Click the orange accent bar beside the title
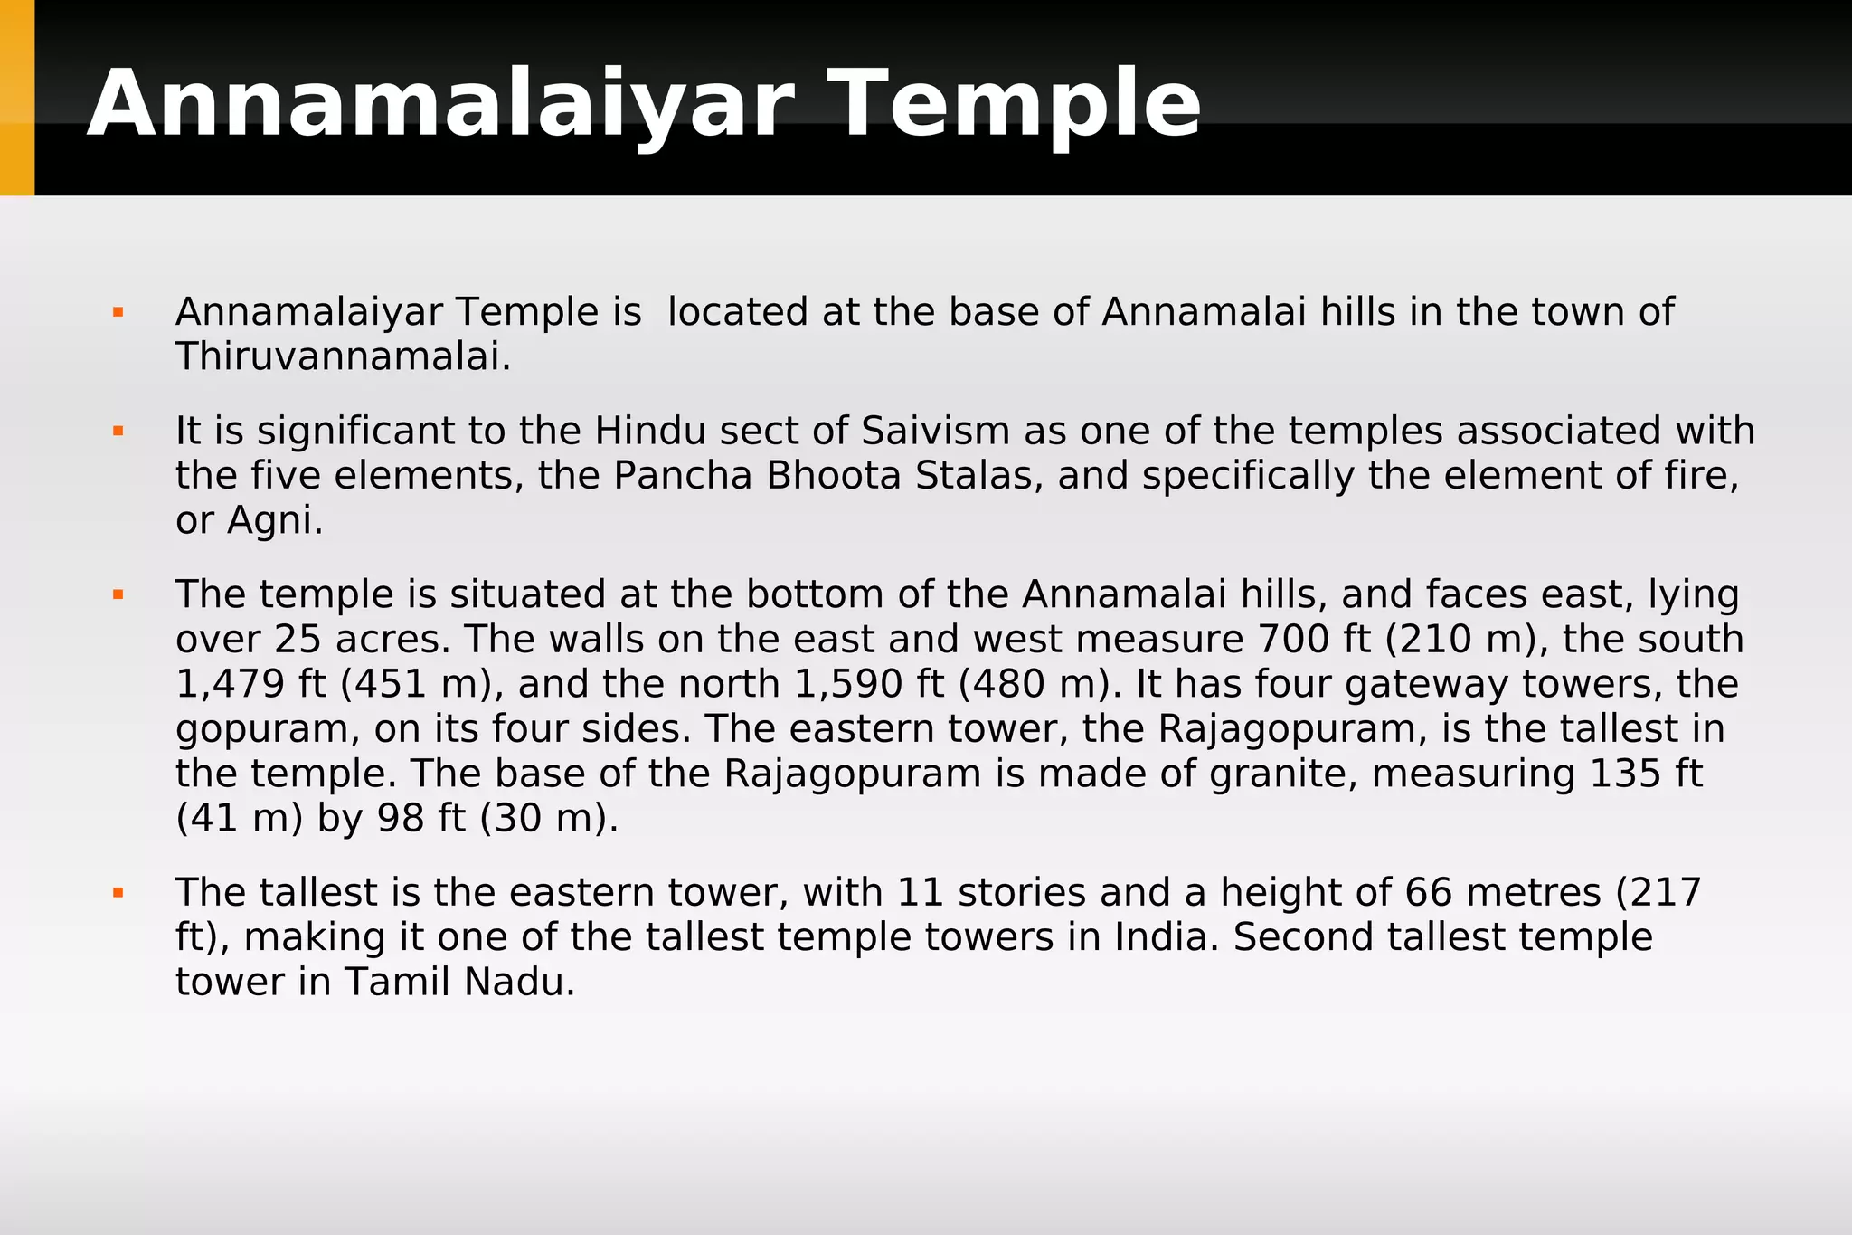coord(17,98)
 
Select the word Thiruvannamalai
coord(343,357)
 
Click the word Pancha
coord(683,476)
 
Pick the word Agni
coord(275,520)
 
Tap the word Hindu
coord(649,431)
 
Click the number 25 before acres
coord(298,640)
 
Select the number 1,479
coord(231,684)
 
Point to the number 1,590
coord(849,684)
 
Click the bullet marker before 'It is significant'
coord(118,432)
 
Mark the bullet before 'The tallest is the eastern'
coord(118,893)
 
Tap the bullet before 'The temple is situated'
coord(118,594)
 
